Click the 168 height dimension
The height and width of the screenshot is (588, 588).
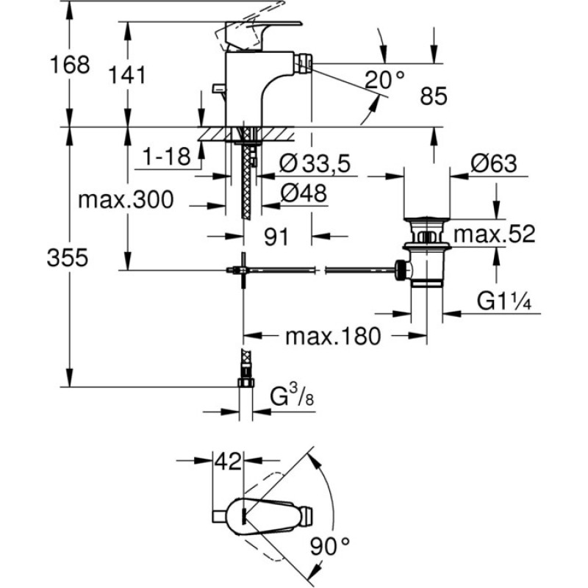(70, 65)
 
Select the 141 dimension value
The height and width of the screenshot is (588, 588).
(126, 75)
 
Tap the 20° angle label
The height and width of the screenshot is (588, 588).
(384, 79)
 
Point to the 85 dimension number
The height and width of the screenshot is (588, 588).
(434, 96)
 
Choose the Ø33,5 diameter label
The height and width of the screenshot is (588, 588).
(315, 163)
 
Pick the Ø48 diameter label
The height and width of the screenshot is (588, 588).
(304, 193)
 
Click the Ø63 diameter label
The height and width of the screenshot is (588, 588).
(494, 163)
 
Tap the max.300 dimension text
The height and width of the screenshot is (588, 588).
(126, 199)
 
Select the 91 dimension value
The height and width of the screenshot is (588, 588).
(277, 237)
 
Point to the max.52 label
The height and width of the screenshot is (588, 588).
(494, 234)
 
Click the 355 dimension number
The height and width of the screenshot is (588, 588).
(68, 258)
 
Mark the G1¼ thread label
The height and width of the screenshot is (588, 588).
(504, 301)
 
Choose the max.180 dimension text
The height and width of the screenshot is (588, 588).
(333, 336)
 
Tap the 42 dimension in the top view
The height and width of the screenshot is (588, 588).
(228, 462)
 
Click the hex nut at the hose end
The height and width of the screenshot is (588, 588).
(246, 382)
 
